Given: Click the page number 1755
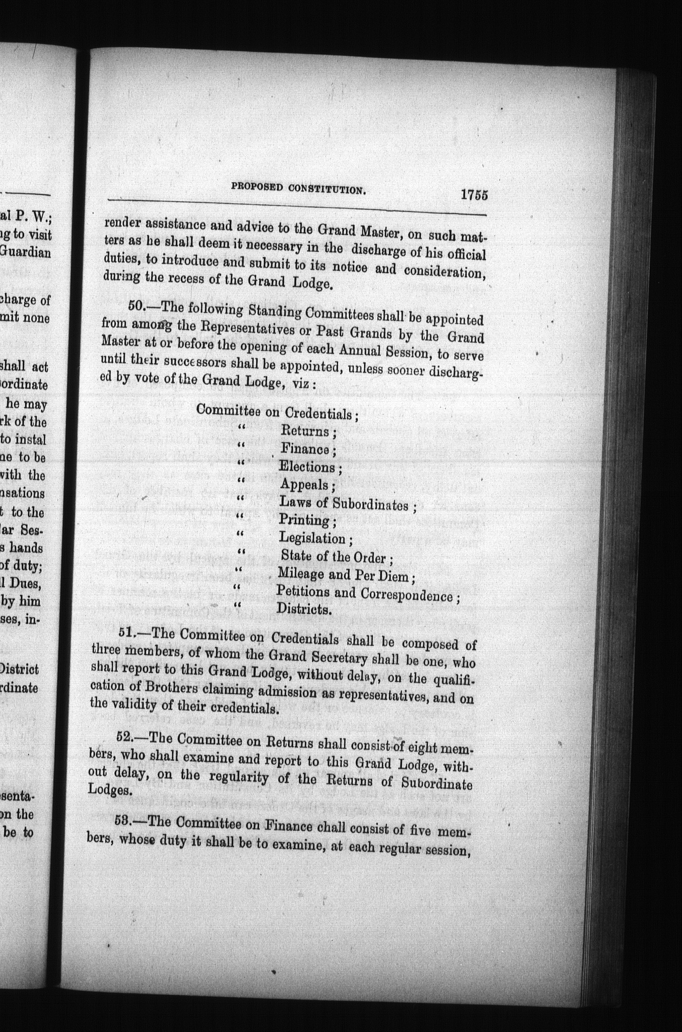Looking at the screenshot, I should point(474,196).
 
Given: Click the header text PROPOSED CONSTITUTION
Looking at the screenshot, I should point(299,189).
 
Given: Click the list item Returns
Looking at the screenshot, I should point(305,431).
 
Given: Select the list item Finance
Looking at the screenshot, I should point(305,449).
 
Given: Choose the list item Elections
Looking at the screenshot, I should point(307,467).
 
